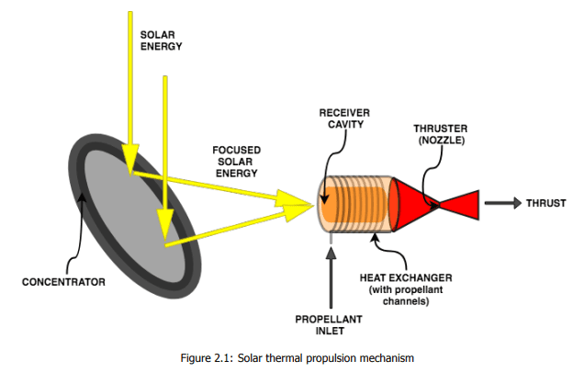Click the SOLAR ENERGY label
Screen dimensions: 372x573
click(158, 39)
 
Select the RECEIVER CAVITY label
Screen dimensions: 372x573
click(341, 118)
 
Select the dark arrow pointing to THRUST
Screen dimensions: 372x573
click(500, 202)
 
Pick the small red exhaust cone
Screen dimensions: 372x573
click(465, 203)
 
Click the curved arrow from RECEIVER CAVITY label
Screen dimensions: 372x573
click(332, 156)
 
